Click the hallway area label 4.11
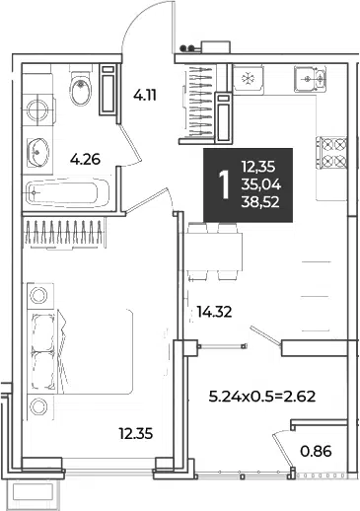click(x=145, y=96)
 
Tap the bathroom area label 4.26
click(x=85, y=160)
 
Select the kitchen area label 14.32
click(x=214, y=312)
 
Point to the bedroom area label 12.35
click(x=136, y=434)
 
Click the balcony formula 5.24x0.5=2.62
click(x=262, y=397)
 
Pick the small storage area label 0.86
click(x=316, y=451)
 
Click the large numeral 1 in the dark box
click(x=225, y=185)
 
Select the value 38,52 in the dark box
click(x=260, y=202)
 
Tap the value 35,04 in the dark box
click(x=261, y=185)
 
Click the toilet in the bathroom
click(x=80, y=88)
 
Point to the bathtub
click(x=67, y=193)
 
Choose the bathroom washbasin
click(x=37, y=152)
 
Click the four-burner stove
click(x=331, y=152)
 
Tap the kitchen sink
click(x=310, y=79)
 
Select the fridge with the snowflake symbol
click(x=248, y=79)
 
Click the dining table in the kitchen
click(x=212, y=252)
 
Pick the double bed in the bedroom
click(x=82, y=351)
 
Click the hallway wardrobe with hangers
click(x=200, y=102)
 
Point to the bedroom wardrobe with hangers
click(x=64, y=232)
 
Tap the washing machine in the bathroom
click(x=37, y=109)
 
